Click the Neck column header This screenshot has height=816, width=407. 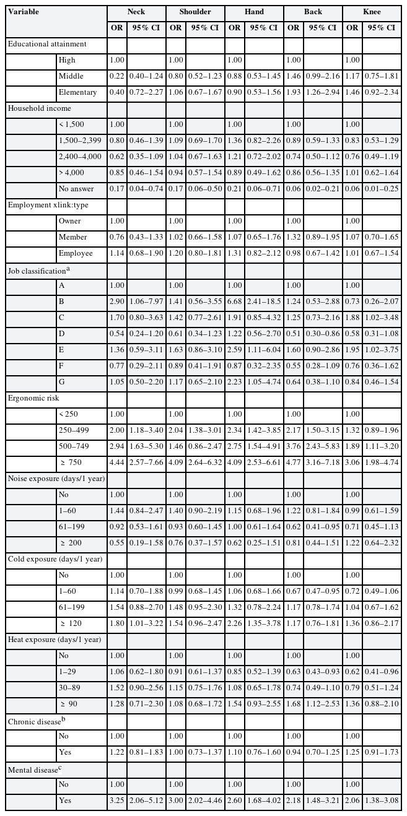click(136, 12)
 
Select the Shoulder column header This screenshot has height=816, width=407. click(195, 12)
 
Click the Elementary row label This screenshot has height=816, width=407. click(77, 92)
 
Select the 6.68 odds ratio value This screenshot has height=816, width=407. click(234, 301)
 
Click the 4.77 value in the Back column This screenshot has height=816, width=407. click(293, 462)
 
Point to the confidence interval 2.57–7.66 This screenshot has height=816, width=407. click(147, 462)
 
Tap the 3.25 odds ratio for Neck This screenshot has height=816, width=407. click(117, 800)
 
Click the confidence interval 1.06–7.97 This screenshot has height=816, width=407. click(147, 301)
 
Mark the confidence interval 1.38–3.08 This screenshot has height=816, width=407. click(381, 800)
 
